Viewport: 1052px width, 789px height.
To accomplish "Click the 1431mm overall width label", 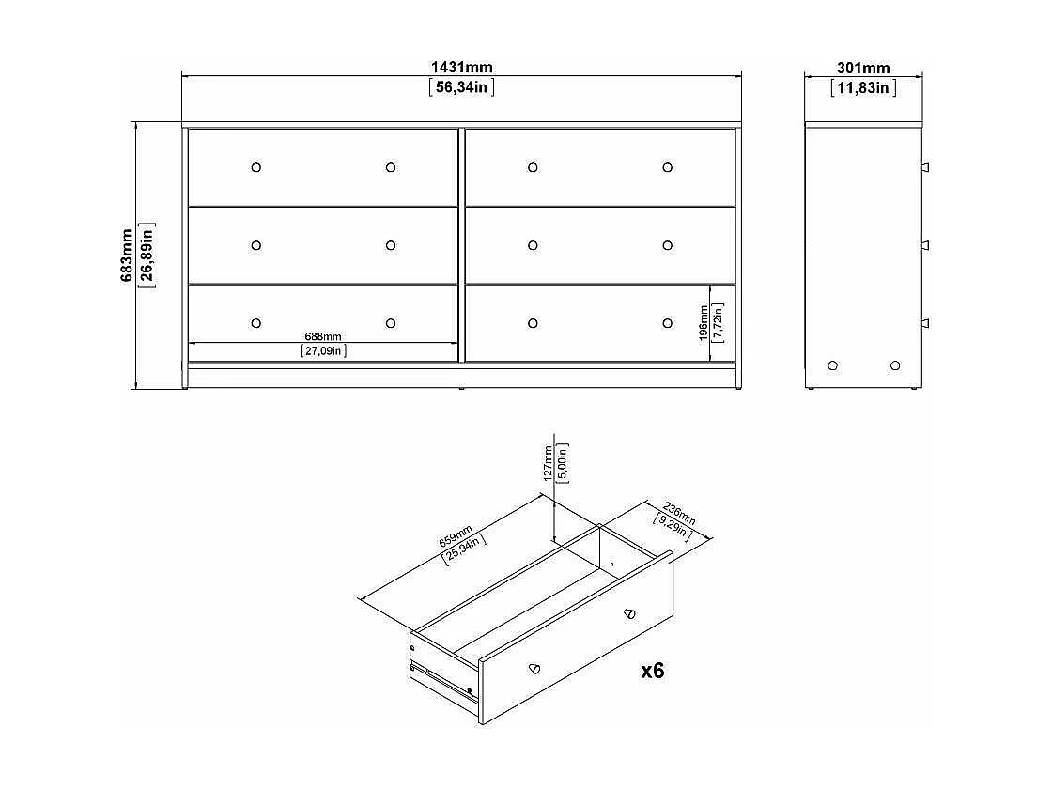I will tap(461, 68).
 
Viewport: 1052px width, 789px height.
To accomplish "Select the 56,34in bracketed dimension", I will tap(461, 87).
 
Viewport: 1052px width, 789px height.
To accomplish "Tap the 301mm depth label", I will tap(863, 68).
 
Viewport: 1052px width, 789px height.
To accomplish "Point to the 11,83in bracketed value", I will tap(863, 87).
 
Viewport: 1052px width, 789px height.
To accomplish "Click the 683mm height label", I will tap(128, 255).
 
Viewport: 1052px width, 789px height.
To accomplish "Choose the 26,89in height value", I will tap(147, 255).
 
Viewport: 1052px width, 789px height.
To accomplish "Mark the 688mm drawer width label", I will tap(323, 336).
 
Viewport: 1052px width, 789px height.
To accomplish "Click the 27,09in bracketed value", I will tap(323, 351).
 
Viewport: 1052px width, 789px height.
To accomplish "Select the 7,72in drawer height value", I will tap(719, 321).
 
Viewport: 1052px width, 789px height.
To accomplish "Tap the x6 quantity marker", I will tap(652, 671).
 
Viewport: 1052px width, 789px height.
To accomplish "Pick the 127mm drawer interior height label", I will tap(549, 462).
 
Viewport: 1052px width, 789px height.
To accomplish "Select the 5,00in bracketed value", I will tap(563, 462).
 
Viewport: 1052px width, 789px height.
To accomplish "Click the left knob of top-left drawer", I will tap(256, 167).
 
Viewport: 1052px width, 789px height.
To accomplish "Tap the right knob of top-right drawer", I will tap(667, 167).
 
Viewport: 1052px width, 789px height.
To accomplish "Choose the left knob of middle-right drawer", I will tap(533, 245).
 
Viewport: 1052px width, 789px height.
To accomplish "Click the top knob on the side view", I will tap(924, 167).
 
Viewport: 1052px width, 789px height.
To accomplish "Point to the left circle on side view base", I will tap(832, 364).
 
